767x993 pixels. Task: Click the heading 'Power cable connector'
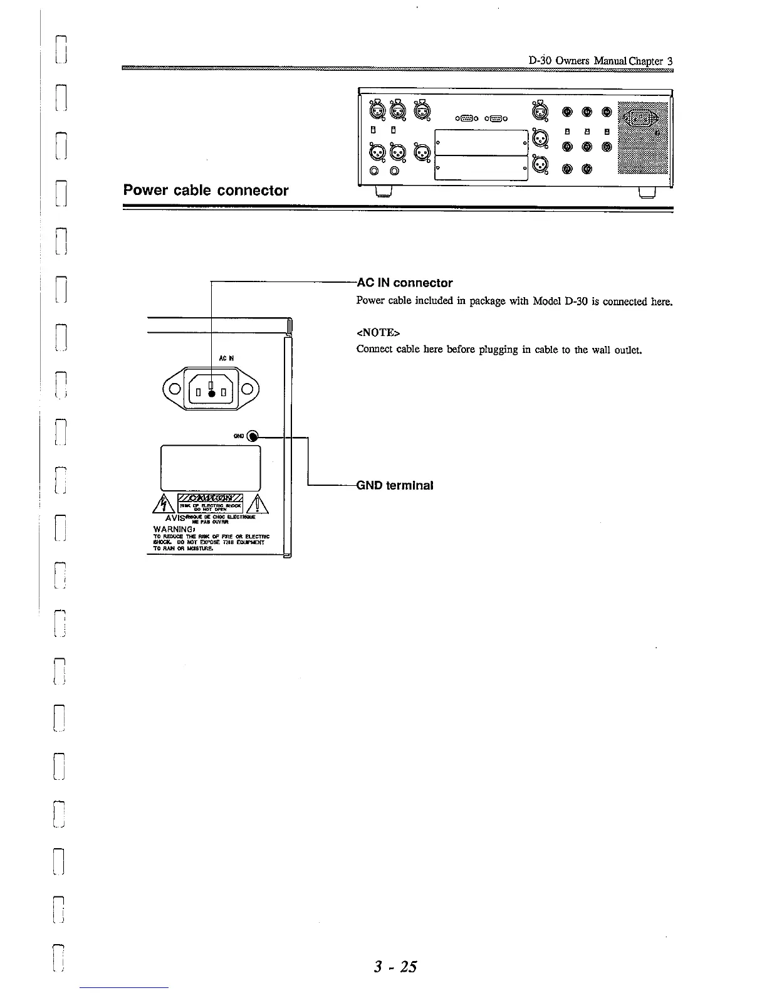coord(206,190)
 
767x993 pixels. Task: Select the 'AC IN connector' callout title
coord(405,283)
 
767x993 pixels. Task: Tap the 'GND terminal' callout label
coord(395,485)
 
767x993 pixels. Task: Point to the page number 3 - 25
coord(395,966)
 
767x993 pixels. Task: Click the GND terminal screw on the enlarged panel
coord(252,436)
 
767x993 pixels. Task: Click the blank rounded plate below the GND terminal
coord(211,467)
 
